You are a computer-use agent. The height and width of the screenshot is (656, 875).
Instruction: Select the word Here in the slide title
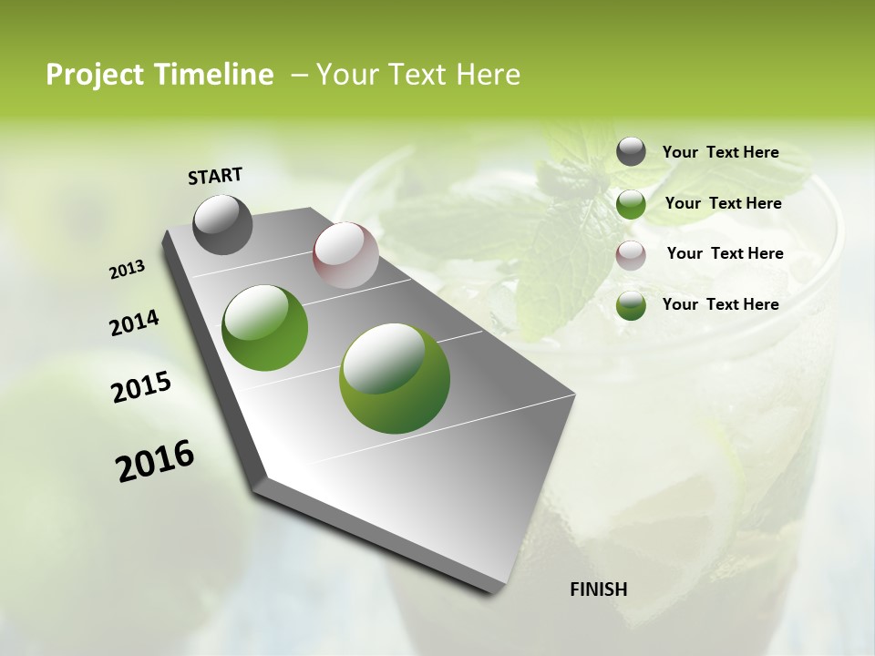pos(487,76)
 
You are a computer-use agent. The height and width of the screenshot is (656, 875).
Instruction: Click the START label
pos(215,176)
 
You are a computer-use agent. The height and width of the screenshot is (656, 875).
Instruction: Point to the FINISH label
pos(599,589)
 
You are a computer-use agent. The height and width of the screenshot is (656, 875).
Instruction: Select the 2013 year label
pos(128,270)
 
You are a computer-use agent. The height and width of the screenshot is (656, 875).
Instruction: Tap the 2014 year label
pos(134,323)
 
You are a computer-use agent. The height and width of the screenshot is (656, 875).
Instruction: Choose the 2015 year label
pos(141,387)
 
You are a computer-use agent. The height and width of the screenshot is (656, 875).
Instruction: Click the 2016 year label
pos(155,461)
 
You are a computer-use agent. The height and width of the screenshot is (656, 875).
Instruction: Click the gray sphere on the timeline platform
pos(223,224)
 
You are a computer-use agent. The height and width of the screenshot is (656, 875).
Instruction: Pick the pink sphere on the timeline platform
pos(345,255)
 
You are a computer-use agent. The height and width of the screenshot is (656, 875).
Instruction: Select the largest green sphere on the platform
pos(395,377)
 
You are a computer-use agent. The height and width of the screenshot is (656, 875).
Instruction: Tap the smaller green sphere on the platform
pos(265,328)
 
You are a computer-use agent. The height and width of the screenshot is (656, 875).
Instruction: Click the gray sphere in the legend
pos(631,151)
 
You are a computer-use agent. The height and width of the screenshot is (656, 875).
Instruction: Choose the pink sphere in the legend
pos(631,255)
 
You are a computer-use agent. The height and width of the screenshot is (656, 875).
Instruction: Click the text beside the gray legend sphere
pos(720,153)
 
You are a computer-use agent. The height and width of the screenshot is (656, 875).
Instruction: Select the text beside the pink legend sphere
pos(725,253)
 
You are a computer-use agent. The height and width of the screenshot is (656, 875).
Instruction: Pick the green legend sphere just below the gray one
pos(631,204)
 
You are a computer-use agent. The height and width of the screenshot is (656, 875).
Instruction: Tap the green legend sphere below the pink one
pos(631,306)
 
